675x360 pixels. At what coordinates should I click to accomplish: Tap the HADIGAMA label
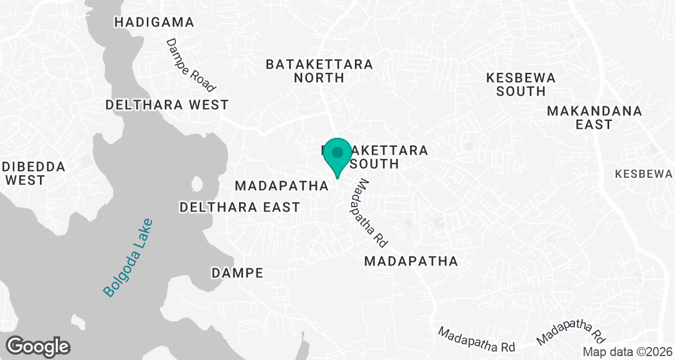pos(154,22)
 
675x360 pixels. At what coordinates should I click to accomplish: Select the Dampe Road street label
pos(191,65)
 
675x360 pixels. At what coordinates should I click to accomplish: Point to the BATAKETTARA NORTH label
pos(319,71)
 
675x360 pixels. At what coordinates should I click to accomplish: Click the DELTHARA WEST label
pos(167,105)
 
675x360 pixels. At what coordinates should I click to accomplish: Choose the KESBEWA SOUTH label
pos(521,84)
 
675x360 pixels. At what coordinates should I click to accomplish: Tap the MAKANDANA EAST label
pos(594,118)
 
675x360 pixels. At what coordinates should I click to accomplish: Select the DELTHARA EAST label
pos(240,208)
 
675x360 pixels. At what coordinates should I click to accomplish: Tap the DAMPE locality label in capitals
pos(237,273)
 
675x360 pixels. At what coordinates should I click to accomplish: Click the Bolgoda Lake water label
pos(128,257)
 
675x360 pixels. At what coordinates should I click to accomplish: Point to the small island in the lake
pos(197,184)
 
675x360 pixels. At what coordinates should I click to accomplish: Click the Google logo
pos(38,345)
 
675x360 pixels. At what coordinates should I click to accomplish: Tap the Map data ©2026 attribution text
pos(627,352)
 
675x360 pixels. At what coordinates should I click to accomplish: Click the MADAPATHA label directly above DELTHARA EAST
pos(281,186)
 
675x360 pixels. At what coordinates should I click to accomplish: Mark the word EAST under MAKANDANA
pos(594,124)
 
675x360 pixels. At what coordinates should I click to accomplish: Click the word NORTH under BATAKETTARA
pos(319,78)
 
